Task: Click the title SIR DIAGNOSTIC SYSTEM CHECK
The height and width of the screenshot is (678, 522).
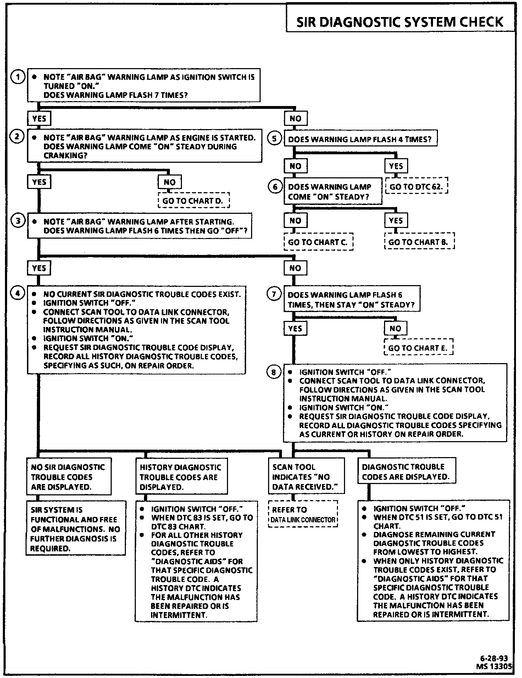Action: point(400,22)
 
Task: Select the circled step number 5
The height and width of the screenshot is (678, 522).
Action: point(274,139)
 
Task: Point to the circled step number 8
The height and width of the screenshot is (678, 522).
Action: point(273,372)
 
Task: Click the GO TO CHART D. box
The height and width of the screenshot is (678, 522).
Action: point(193,201)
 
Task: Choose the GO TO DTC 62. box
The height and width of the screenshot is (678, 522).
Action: point(416,186)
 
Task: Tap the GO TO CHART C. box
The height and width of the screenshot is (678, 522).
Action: point(318,242)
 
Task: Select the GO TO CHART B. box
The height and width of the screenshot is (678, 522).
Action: point(419,242)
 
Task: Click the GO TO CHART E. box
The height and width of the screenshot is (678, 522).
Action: point(418,348)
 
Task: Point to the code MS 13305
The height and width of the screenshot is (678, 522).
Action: point(494,666)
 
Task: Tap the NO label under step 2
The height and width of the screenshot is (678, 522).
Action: point(170,182)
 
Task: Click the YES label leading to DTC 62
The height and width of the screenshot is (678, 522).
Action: point(396,166)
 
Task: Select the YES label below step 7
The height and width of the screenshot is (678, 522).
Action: point(295,329)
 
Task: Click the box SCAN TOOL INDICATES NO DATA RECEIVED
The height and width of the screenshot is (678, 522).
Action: point(306,477)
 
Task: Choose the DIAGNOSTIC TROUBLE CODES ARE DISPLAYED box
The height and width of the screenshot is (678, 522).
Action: point(406,472)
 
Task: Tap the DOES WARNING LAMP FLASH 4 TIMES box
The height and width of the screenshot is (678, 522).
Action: point(360,139)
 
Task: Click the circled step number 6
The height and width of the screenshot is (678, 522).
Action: point(275,187)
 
